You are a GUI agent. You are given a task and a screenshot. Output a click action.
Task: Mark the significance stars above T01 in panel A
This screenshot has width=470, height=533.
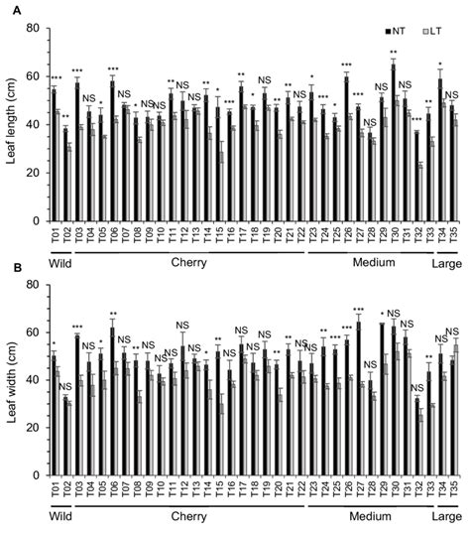coord(56,79)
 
